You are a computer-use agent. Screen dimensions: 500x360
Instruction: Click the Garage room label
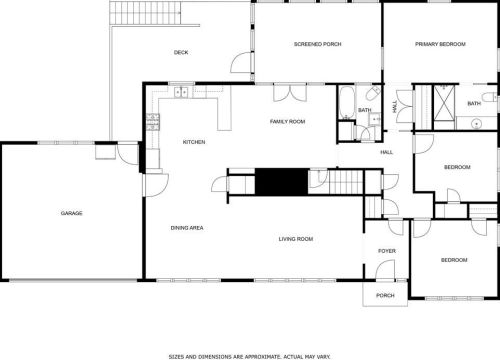71,213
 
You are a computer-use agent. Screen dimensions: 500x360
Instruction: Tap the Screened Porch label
318,44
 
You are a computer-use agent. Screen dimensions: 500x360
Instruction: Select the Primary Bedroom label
440,44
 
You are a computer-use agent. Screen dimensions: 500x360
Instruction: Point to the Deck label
181,52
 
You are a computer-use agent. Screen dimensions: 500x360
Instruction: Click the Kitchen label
194,142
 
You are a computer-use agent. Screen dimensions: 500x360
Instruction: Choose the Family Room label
287,121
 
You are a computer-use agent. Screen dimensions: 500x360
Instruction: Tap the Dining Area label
187,228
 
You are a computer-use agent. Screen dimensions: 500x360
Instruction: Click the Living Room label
296,239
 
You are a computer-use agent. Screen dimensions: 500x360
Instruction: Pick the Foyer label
387,251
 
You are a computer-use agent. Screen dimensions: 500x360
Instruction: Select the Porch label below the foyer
385,295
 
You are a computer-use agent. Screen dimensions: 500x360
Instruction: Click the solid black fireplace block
282,181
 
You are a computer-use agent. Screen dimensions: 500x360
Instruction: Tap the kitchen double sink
181,92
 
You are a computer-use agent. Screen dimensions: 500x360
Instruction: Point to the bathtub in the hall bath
347,103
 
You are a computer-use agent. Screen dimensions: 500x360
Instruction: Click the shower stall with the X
444,102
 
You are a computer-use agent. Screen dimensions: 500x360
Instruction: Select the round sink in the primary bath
477,124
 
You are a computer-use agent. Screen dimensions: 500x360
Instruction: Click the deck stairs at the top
145,13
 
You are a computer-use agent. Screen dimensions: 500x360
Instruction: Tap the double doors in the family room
290,93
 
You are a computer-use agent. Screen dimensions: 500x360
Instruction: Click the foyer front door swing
386,269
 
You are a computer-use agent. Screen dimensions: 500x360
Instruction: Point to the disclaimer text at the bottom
250,357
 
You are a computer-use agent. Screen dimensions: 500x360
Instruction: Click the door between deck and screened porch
242,62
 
